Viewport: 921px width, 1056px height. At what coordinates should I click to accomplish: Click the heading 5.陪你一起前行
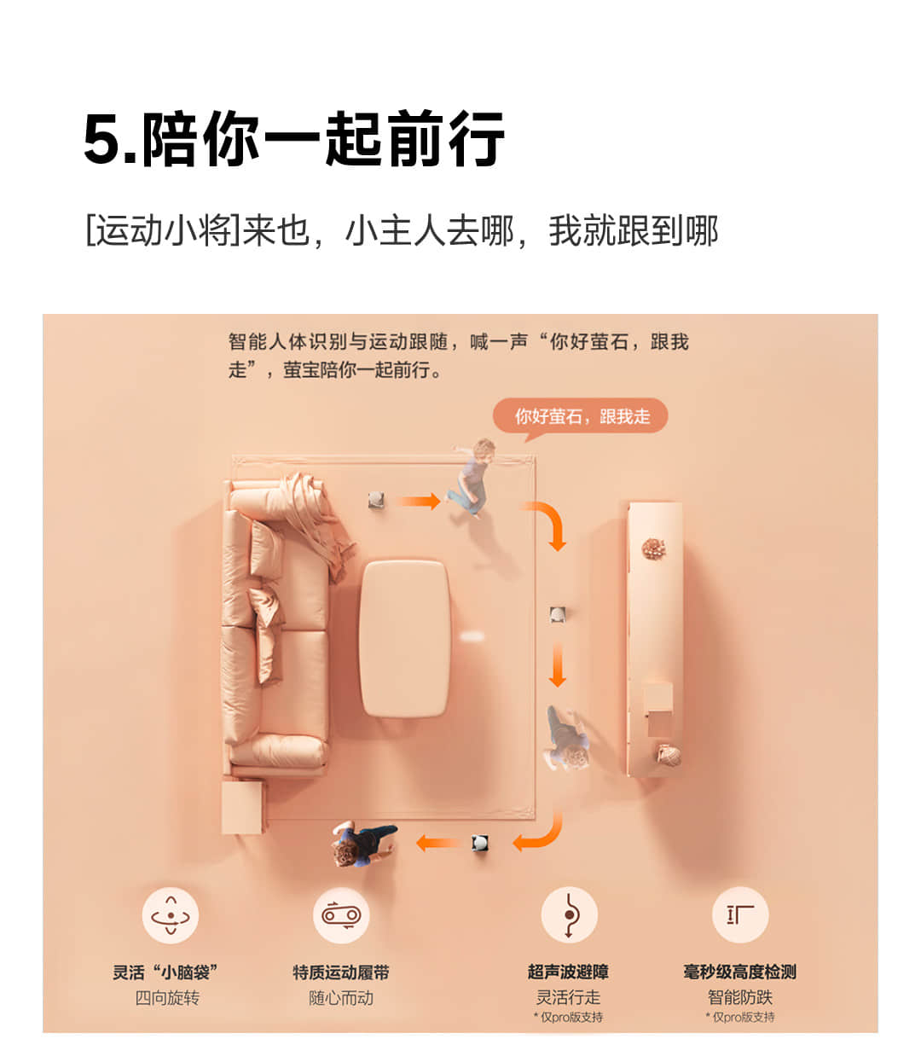point(293,138)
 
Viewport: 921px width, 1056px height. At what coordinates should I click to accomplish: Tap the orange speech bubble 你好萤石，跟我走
point(580,415)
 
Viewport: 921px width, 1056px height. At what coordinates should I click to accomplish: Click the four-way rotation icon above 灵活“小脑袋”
point(171,915)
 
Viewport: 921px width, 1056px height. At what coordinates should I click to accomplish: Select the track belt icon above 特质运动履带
point(341,915)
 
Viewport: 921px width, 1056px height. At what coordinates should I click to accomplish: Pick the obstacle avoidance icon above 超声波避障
point(569,915)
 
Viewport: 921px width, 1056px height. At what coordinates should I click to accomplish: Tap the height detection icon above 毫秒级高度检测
point(740,915)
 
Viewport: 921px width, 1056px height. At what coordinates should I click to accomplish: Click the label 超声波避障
point(568,972)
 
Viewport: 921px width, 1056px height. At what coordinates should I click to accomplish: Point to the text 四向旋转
point(167,998)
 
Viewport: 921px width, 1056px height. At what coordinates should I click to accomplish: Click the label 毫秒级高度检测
point(740,972)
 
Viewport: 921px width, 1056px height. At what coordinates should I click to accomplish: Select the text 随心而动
point(341,998)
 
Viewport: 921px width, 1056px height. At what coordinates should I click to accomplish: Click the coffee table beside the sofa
point(404,638)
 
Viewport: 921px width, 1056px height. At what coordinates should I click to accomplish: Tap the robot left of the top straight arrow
point(376,500)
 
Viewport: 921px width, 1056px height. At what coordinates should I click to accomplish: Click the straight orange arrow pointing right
point(419,501)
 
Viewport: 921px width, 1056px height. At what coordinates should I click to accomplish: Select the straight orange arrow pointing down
point(557,664)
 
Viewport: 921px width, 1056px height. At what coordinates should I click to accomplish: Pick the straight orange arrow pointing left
point(437,844)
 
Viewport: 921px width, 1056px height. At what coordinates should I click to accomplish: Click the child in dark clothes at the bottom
point(364,844)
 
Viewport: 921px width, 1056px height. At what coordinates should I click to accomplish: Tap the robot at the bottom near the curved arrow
point(480,844)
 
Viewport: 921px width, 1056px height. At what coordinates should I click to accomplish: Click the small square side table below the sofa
point(242,808)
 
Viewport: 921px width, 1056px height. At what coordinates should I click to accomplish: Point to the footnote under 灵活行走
point(568,1017)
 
